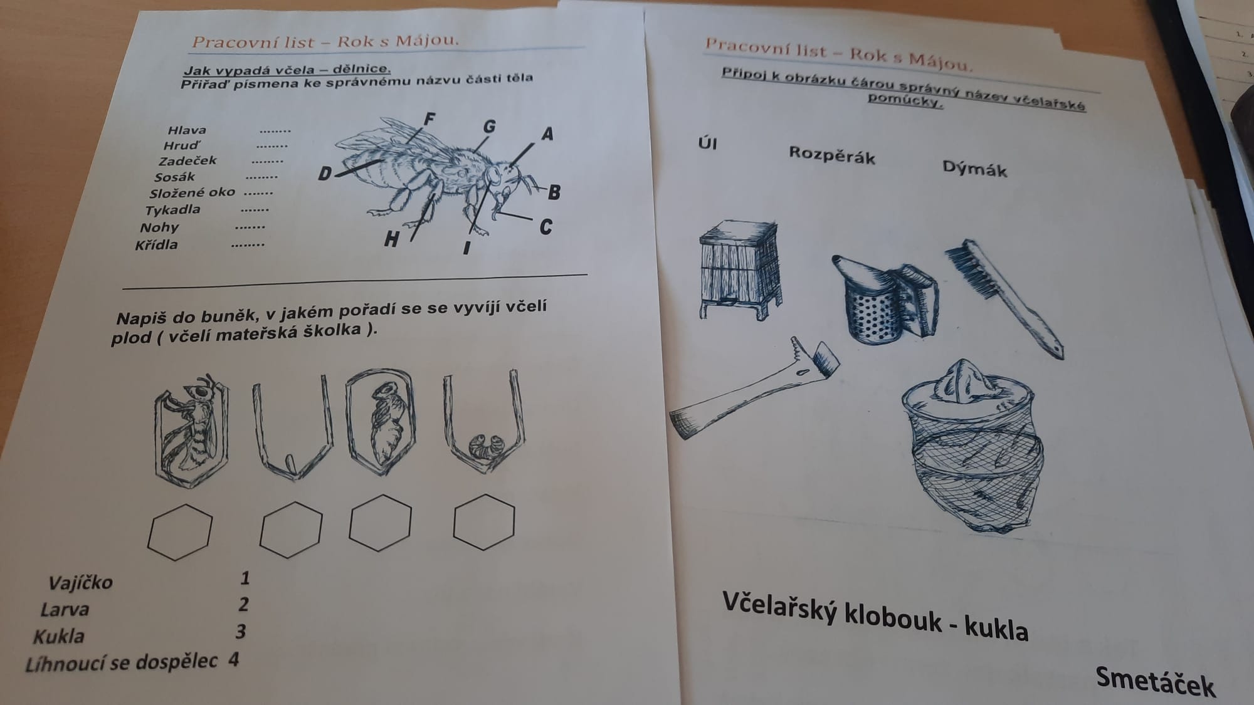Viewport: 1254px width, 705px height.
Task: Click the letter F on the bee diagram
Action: [x=430, y=118]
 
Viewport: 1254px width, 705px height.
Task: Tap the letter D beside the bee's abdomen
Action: [x=325, y=173]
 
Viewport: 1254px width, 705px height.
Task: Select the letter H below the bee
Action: [x=392, y=239]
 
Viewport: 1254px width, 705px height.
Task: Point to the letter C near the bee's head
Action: [x=546, y=227]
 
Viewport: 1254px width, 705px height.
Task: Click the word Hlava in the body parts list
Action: [x=187, y=130]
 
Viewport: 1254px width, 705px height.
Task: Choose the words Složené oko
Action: [x=192, y=192]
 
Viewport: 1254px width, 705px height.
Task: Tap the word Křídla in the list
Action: [x=156, y=244]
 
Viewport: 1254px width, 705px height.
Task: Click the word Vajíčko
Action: [x=80, y=583]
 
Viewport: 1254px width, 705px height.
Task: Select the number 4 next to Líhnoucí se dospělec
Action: [x=234, y=660]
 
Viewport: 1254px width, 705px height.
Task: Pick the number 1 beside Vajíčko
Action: [x=245, y=578]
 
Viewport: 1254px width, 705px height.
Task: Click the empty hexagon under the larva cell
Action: [x=484, y=521]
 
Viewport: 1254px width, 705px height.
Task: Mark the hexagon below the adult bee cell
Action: [x=180, y=532]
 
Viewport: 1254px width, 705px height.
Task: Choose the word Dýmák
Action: [x=974, y=169]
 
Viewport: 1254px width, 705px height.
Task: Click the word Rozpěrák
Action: [x=831, y=155]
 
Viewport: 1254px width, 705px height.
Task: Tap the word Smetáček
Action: [x=1155, y=682]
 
